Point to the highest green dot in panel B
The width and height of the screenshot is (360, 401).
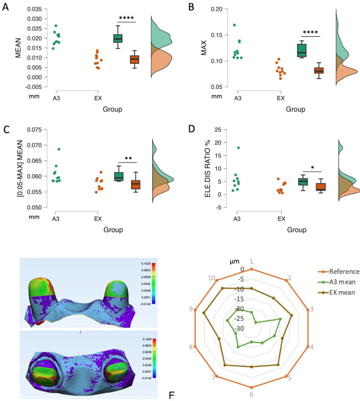(234, 25)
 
